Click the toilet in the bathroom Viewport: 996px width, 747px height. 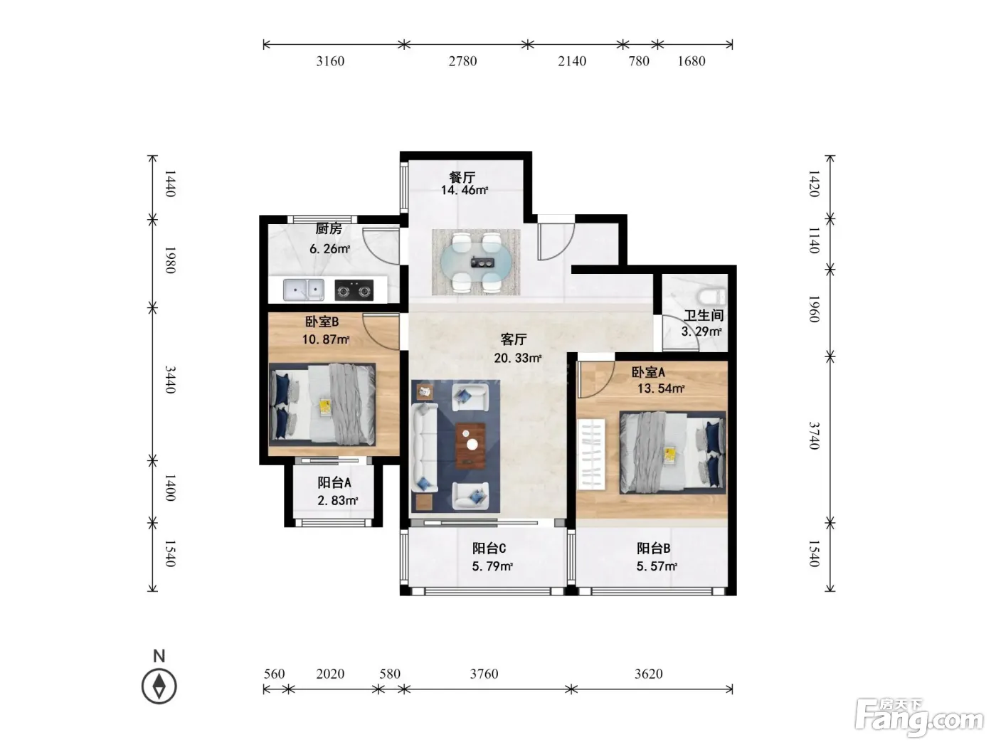pos(712,297)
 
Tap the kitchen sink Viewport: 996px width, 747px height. pos(304,290)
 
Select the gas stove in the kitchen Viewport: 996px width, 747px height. pos(354,290)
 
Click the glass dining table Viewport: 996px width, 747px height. pos(475,262)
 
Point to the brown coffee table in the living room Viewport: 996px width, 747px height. pos(470,445)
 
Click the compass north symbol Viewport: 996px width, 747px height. pos(159,686)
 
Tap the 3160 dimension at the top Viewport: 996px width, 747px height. pos(330,60)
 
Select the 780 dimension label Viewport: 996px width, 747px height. pos(639,60)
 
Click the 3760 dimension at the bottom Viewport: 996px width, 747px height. pos(484,674)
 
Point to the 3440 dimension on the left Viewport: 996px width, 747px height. pos(170,380)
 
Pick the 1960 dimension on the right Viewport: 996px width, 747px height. pos(814,309)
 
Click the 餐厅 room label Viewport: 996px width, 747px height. pos(462,176)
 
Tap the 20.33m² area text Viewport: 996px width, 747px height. pos(518,359)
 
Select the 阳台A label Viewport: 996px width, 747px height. pos(334,482)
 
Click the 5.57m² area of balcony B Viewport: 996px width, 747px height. pos(657,566)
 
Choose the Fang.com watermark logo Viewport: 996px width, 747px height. pos(919,719)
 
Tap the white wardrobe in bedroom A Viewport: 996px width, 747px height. pos(591,455)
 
